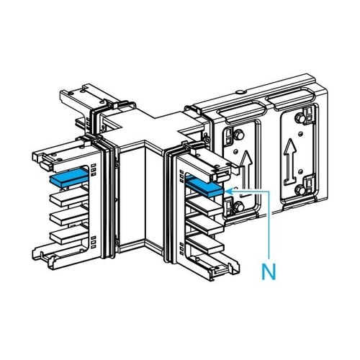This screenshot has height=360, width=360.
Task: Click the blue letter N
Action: [x=269, y=271]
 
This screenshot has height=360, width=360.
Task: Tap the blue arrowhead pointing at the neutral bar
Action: [x=230, y=192]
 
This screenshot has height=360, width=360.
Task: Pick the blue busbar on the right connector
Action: [x=204, y=186]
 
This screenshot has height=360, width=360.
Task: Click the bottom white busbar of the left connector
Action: [x=69, y=235]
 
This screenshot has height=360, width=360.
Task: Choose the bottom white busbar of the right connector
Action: [x=205, y=243]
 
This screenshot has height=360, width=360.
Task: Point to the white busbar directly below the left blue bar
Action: [x=69, y=197]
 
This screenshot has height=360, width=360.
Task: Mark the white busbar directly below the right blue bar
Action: [x=205, y=205]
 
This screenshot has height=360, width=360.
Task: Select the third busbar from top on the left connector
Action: [x=69, y=216]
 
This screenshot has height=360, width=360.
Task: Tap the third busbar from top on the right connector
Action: [x=205, y=225]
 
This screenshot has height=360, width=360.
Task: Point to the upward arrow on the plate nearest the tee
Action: [x=246, y=171]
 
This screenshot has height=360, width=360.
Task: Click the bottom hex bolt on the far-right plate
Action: [x=300, y=191]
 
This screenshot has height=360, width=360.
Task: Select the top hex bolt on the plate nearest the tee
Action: [x=240, y=136]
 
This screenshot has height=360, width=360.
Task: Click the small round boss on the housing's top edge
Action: [x=240, y=92]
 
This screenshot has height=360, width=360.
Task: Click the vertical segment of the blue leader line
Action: [x=270, y=225]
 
